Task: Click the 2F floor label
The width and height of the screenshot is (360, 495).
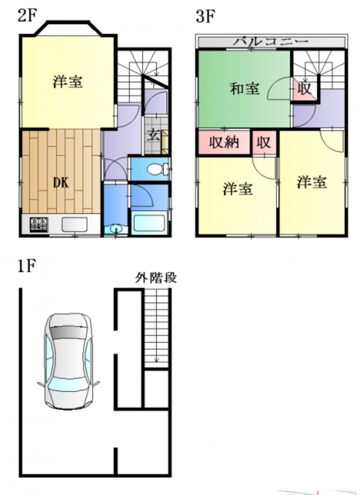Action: tap(27, 15)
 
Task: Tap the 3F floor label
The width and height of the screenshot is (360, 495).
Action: tap(205, 16)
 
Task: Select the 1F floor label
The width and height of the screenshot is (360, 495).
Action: tap(26, 266)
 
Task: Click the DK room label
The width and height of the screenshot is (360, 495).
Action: tap(61, 182)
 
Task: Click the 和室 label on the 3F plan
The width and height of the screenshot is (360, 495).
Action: tap(244, 88)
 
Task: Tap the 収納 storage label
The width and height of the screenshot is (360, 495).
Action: tap(224, 143)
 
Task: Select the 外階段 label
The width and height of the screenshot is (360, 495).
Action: tap(156, 278)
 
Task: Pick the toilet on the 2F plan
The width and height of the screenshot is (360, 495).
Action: tap(158, 169)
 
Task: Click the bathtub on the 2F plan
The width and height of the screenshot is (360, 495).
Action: tap(149, 223)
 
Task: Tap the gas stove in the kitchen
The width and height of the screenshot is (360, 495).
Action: tap(39, 225)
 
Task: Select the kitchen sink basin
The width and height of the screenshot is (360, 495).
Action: tap(75, 224)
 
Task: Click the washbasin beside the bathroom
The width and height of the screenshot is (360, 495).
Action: tap(116, 228)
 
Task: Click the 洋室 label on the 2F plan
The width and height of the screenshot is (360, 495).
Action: tap(67, 81)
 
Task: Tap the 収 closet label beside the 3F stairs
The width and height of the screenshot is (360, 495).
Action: tap(305, 88)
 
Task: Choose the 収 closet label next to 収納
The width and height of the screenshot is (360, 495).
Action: tap(264, 143)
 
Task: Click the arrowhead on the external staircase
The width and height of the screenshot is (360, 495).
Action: tap(156, 360)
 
